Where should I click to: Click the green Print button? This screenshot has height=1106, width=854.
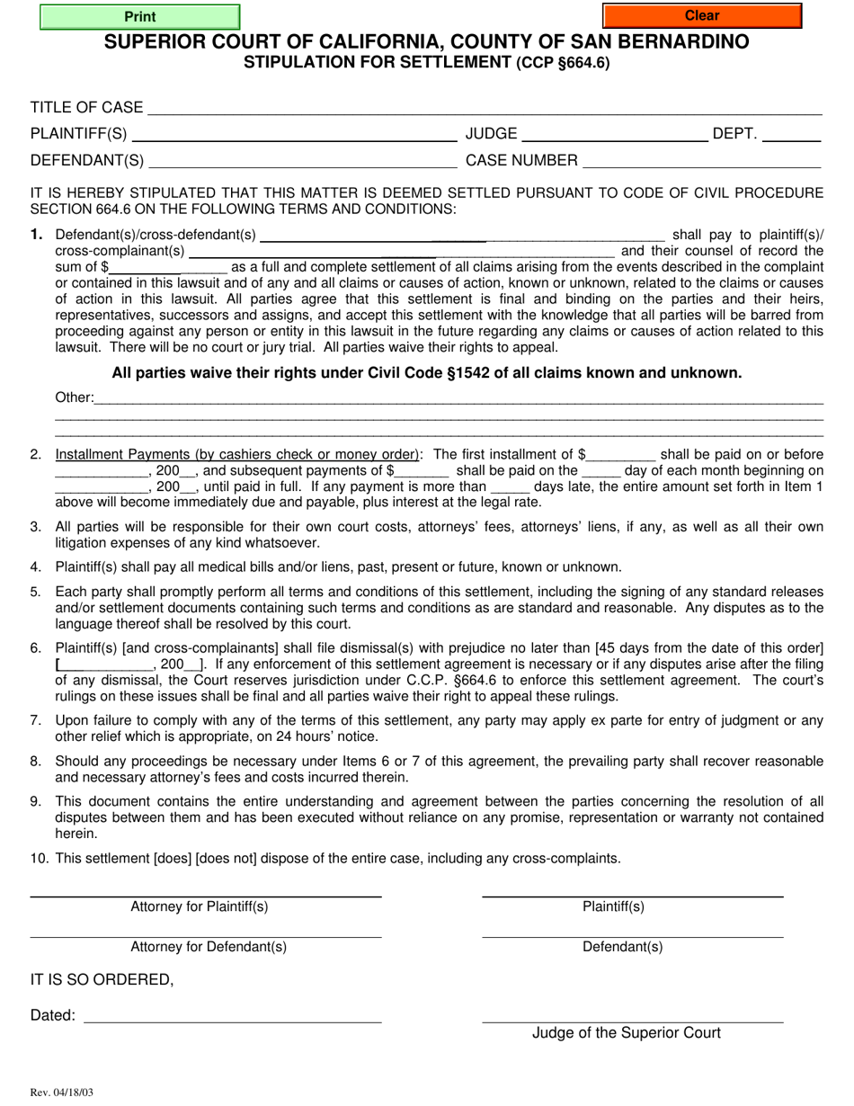tap(140, 16)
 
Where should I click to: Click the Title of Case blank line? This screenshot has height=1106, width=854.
tap(485, 109)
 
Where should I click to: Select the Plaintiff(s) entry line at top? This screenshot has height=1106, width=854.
tap(294, 136)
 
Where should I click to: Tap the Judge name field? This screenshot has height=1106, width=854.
tap(614, 136)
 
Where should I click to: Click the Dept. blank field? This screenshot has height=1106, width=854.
tap(792, 136)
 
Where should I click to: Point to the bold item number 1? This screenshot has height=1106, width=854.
tap(36, 235)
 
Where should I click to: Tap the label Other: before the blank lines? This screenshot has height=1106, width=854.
tap(74, 397)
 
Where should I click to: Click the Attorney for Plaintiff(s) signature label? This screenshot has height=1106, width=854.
tap(200, 906)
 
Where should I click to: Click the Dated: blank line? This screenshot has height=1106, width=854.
tap(233, 1016)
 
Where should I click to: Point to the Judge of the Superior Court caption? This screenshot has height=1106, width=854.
tap(626, 1032)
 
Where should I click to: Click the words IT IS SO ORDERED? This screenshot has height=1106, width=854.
tap(102, 979)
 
